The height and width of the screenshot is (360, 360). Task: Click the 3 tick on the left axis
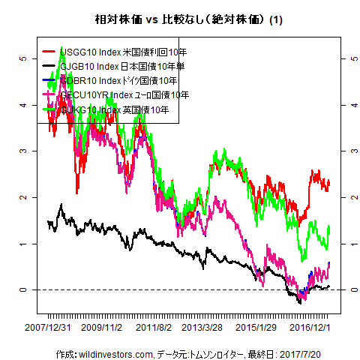[24, 151]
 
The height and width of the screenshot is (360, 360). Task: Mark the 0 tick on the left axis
[24, 289]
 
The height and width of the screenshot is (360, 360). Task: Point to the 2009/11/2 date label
[101, 328]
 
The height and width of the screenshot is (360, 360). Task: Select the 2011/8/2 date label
[153, 328]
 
